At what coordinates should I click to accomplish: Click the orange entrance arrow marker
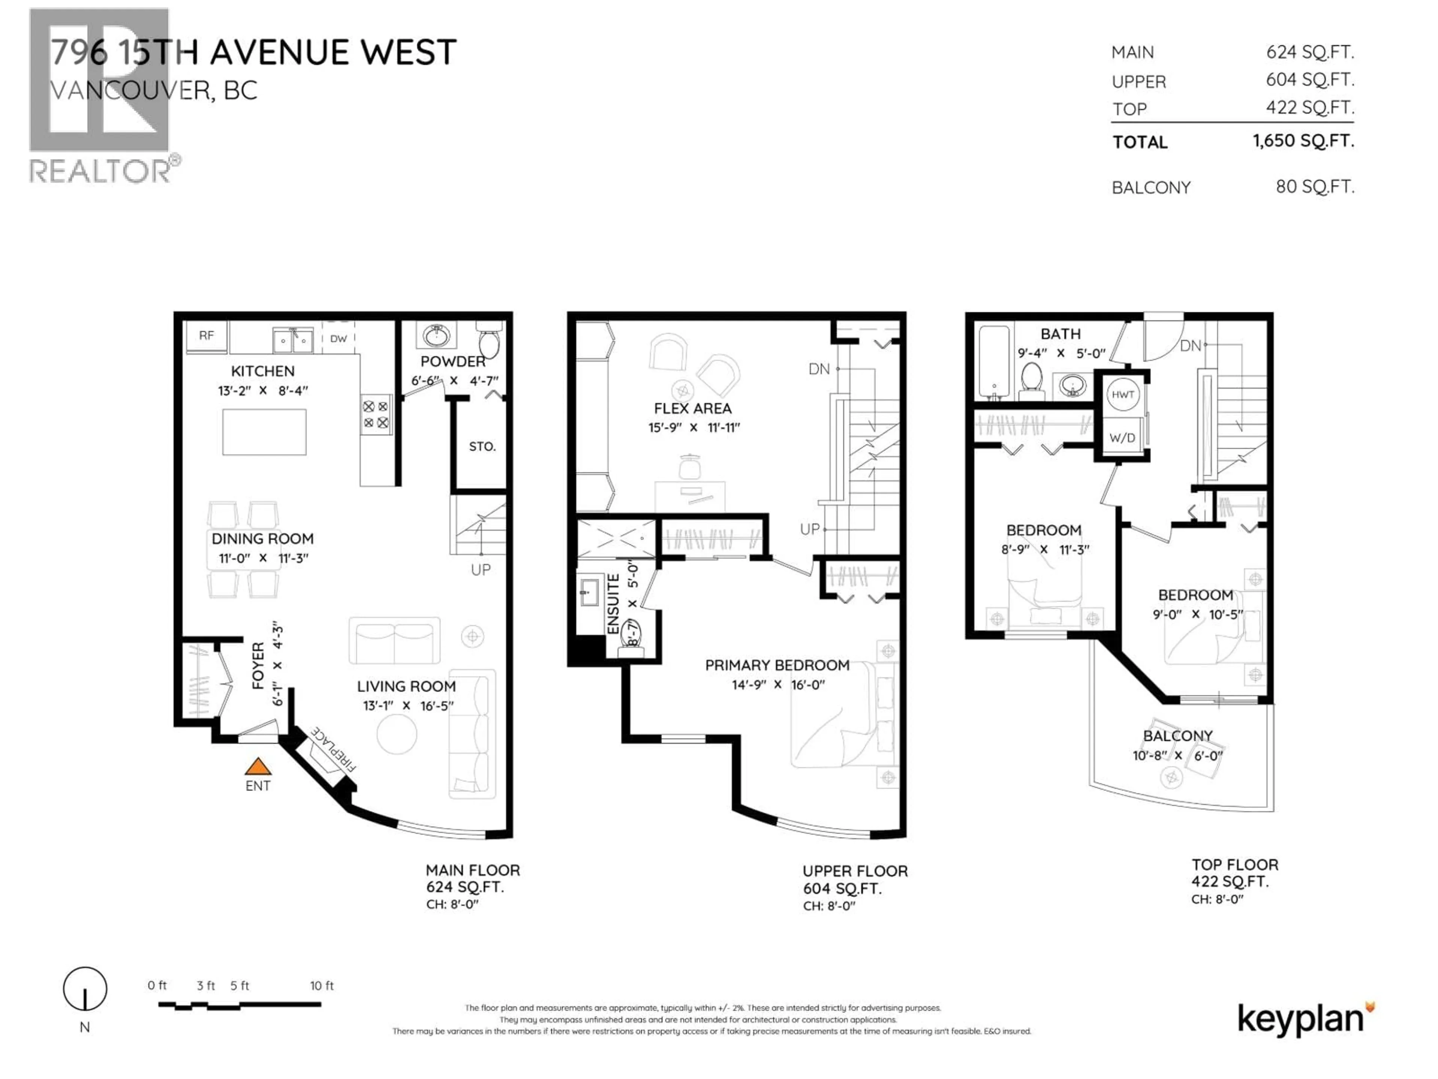click(257, 767)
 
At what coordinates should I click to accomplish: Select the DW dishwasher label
click(338, 339)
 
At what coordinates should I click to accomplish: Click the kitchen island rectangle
click(264, 432)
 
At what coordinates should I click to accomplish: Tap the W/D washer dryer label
click(1122, 438)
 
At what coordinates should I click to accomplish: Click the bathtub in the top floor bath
click(993, 362)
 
